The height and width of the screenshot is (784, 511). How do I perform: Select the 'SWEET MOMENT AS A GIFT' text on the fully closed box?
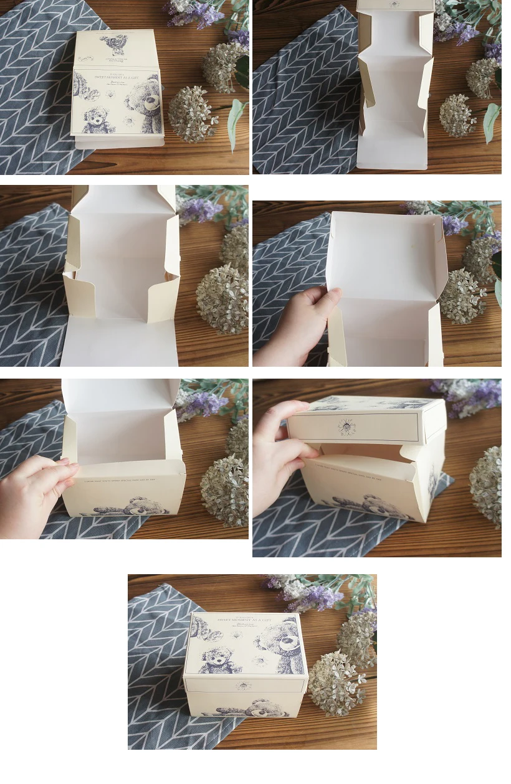[x=244, y=620]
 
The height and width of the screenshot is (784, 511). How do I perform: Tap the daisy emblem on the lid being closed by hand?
[x=345, y=426]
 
